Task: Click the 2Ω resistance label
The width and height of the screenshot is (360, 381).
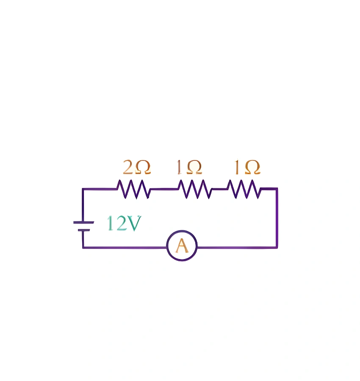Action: click(x=136, y=168)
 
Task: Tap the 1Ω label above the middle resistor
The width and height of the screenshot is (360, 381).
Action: click(x=189, y=168)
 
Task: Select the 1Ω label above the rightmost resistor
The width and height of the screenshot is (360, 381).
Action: click(x=247, y=168)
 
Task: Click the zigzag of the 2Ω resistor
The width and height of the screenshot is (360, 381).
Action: click(x=134, y=189)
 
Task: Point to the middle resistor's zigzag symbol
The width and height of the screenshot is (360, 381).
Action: click(x=194, y=189)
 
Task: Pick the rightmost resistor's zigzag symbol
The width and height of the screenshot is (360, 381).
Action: click(x=244, y=189)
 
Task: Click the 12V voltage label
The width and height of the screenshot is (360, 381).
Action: click(x=123, y=224)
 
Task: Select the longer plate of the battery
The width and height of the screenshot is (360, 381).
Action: click(x=83, y=222)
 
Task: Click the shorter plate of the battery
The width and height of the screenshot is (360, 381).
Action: click(x=83, y=230)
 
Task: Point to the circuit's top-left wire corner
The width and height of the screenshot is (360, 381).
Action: click(x=83, y=189)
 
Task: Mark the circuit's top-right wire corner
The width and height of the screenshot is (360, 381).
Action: click(x=277, y=189)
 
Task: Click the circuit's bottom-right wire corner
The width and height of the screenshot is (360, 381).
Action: click(x=277, y=247)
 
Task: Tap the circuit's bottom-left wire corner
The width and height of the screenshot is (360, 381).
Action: click(x=83, y=247)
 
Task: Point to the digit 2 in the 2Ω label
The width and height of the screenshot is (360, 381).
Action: click(x=128, y=168)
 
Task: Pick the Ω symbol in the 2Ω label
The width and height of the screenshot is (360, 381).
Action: click(x=143, y=168)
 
